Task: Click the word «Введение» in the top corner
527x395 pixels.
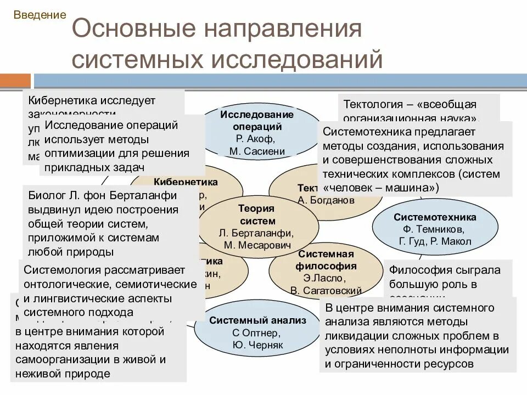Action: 39,15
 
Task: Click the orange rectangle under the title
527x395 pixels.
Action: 15,81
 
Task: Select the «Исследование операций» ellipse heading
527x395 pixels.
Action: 257,120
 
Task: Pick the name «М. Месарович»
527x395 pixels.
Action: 257,245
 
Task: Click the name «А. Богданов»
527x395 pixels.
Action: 326,200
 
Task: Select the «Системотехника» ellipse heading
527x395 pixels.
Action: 435,217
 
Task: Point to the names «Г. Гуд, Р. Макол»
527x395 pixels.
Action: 435,241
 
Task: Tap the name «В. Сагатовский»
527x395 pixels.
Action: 326,290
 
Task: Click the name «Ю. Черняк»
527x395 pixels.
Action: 257,346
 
